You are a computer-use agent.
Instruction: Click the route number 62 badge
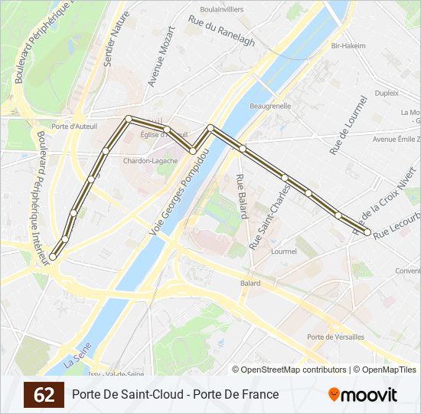pyautogui.click(x=44, y=395)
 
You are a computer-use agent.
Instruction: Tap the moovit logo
pyautogui.click(x=363, y=395)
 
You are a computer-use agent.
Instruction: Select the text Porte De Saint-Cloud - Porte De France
pyautogui.click(x=175, y=395)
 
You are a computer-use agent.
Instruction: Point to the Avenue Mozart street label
pyautogui.click(x=162, y=58)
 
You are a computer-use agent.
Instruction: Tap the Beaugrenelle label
pyautogui.click(x=270, y=106)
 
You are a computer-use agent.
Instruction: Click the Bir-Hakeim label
pyautogui.click(x=348, y=46)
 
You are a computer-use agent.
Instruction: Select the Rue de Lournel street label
pyautogui.click(x=348, y=125)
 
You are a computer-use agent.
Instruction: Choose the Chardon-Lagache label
pyautogui.click(x=151, y=161)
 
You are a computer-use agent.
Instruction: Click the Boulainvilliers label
pyautogui.click(x=221, y=9)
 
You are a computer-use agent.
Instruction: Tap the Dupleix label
pyautogui.click(x=387, y=93)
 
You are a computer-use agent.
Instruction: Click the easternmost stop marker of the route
pyautogui.click(x=367, y=232)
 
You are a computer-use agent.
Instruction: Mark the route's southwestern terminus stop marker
pyautogui.click(x=53, y=258)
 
